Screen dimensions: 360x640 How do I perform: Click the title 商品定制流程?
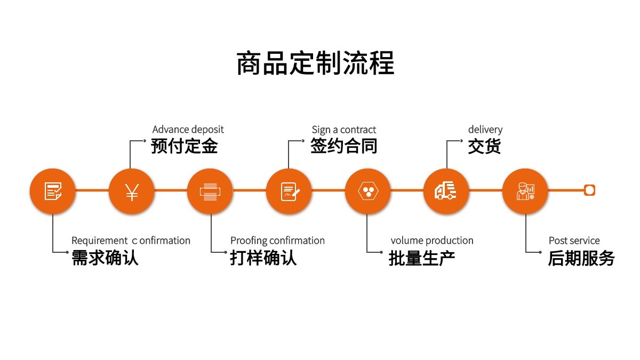pos(315,63)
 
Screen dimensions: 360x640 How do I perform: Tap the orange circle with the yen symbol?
pos(132,191)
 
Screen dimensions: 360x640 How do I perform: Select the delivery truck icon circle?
pos(446,191)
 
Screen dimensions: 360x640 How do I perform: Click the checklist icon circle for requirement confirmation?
pos(53,191)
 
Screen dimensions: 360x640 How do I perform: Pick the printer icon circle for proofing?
pos(210,191)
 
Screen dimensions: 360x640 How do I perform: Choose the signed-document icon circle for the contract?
pos(289,191)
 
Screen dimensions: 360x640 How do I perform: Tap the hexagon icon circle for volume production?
pos(367,191)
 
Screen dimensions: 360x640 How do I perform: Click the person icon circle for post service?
pos(525,191)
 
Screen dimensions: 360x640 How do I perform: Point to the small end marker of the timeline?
pos(589,190)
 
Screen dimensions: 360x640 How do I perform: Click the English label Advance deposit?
pos(188,130)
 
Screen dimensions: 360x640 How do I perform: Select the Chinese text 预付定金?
pos(184,146)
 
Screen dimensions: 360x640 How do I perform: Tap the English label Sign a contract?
pos(343,130)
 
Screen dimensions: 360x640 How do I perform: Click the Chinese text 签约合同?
pos(343,146)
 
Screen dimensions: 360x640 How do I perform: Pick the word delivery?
pos(485,130)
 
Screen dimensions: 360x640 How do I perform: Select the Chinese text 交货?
pos(484,146)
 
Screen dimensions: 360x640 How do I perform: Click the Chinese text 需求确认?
pos(105,258)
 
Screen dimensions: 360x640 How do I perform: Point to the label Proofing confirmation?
pos(277,241)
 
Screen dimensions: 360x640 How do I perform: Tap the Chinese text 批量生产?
pos(422,258)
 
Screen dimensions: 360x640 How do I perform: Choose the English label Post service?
pos(574,241)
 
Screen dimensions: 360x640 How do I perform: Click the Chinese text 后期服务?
pos(581,258)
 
